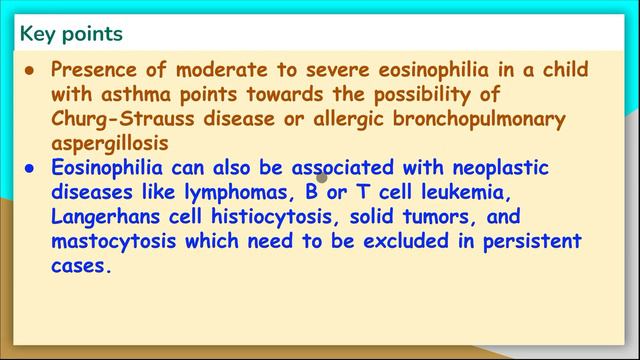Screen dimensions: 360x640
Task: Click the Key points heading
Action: point(71,33)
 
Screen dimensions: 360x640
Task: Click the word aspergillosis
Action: point(111,143)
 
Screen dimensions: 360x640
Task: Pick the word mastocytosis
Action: point(118,241)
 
